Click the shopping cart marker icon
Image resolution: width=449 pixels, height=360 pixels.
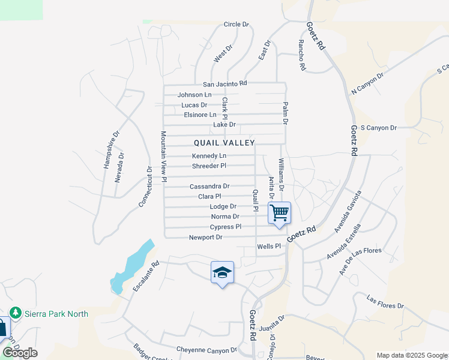click(280, 213)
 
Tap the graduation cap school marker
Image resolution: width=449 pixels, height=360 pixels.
click(222, 272)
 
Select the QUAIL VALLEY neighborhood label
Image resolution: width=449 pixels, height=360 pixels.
click(224, 143)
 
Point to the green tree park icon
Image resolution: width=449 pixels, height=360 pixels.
click(16, 313)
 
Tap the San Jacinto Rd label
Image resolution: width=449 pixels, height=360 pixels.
click(224, 84)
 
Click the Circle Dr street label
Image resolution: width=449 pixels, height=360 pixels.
click(236, 25)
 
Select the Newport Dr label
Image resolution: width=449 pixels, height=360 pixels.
click(206, 238)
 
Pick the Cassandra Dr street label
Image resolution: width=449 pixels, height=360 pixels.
click(209, 187)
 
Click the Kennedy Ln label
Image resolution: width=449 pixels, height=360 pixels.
click(209, 156)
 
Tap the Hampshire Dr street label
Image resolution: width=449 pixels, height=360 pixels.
click(112, 149)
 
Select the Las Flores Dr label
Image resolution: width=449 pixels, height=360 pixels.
click(385, 302)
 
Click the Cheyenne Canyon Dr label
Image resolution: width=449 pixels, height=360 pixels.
click(206, 350)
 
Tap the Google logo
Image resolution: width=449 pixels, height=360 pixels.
click(20, 352)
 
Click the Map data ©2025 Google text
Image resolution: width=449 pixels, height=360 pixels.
click(411, 355)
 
